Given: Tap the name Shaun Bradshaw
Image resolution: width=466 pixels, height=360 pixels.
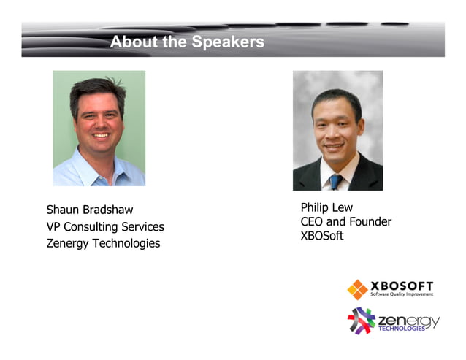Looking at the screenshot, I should pyautogui.click(x=90, y=210).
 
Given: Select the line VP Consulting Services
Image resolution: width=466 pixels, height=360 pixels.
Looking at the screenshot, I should pyautogui.click(x=105, y=226).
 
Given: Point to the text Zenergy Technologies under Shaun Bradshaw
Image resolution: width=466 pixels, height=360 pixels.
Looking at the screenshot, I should pyautogui.click(x=103, y=243).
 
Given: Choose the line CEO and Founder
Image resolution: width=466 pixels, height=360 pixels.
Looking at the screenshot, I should pyautogui.click(x=345, y=222).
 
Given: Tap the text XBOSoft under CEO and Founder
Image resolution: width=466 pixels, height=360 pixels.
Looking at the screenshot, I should pyautogui.click(x=322, y=237).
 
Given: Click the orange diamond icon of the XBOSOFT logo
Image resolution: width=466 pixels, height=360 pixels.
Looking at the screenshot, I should pyautogui.click(x=357, y=289).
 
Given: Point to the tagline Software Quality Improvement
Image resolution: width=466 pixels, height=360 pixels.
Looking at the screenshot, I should pyautogui.click(x=401, y=294).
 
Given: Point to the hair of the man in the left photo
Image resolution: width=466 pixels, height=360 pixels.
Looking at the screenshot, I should pyautogui.click(x=97, y=89).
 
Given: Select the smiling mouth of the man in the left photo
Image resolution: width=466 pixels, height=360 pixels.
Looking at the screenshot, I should pyautogui.click(x=101, y=137).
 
